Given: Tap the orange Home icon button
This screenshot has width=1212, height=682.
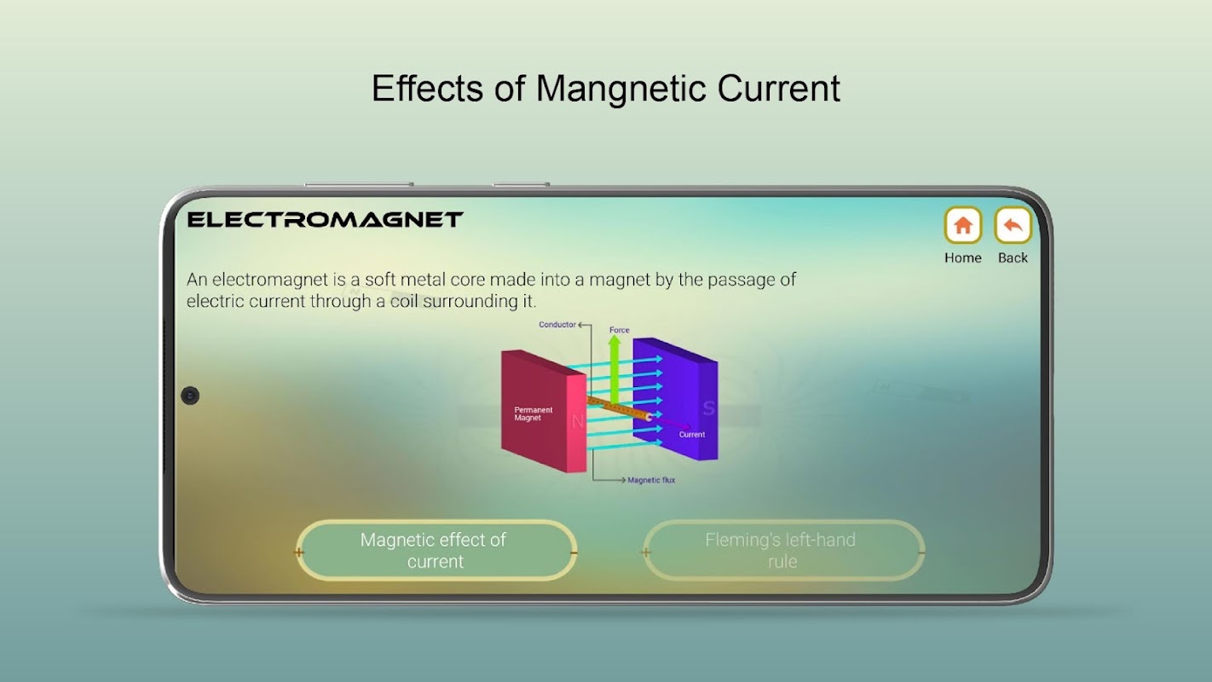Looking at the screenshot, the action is coord(962,225).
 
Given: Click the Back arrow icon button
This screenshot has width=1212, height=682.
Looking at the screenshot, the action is coord(1013,225).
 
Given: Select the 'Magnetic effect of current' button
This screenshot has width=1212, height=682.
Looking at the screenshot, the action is coord(436,550).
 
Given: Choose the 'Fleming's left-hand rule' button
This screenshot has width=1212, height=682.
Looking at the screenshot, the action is coord(783,550).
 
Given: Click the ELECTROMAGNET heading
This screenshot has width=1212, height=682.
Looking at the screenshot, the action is coord(325,220).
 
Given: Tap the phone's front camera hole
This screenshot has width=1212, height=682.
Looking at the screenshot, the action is coord(190,396).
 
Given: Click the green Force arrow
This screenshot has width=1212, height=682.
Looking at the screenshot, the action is coord(615,369).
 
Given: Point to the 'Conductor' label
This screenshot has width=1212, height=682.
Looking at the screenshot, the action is coord(557,325).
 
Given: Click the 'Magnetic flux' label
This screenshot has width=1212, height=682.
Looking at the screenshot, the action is coord(651,480).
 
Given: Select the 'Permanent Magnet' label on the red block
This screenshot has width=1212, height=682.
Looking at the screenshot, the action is coord(533,413).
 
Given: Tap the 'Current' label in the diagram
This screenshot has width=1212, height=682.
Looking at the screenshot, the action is coord(691,435).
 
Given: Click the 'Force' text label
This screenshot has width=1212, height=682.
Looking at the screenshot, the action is coord(620,330).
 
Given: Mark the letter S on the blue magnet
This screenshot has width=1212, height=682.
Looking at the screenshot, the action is coord(709,408).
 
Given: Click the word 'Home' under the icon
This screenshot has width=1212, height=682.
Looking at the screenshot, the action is coord(962,257).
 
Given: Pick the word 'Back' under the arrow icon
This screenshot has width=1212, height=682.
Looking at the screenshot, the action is coord(1013,257).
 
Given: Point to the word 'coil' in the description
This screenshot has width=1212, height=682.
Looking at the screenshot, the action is coord(404,301).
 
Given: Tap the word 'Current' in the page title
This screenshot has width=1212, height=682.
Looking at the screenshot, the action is coord(779,89).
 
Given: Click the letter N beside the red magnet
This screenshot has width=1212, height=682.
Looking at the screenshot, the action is coord(577,421).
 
